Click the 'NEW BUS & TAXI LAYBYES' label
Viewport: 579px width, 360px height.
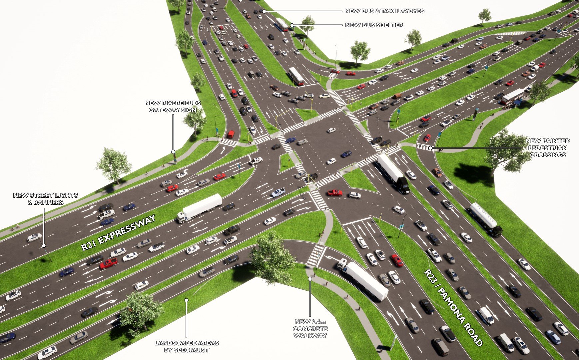pos(384,11)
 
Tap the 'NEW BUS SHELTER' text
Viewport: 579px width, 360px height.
pos(374,25)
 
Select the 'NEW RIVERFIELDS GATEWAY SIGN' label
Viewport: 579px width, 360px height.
pos(173,106)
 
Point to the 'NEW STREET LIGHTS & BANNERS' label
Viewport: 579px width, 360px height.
pos(46,199)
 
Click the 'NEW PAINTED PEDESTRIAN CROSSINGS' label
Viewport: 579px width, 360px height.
pos(547,148)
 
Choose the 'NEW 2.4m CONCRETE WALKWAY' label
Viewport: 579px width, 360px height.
pos(310,329)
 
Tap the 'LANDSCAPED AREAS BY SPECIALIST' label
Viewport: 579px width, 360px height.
pos(187,346)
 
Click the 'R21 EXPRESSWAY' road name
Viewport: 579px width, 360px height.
pos(119,232)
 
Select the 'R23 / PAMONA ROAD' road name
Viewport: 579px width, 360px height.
pos(453,307)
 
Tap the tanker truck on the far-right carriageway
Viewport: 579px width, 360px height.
pos(485,219)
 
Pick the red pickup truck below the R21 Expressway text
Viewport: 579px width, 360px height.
pos(108,263)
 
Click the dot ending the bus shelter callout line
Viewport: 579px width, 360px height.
pos(291,25)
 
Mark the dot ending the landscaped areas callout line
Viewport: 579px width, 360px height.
pos(187,300)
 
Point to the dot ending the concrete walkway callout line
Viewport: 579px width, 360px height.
pos(310,279)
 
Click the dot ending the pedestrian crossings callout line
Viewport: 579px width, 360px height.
pos(430,148)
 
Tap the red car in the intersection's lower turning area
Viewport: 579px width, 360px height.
pos(334,192)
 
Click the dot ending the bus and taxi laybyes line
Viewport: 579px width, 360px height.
pos(264,11)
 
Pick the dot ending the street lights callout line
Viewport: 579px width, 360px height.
pos(43,246)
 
